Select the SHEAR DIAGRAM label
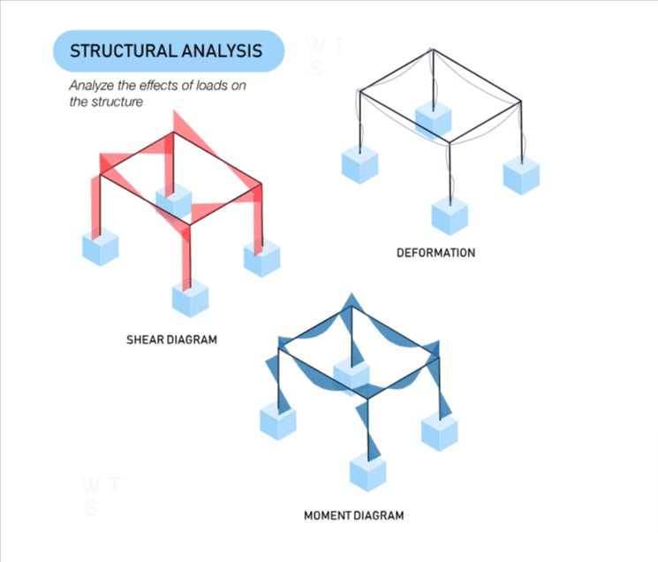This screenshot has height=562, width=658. pos(170,339)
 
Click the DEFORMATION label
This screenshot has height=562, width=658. pos(435,253)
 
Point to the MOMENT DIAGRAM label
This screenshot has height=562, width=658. pos(353,514)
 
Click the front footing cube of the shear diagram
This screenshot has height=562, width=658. pos(190,297)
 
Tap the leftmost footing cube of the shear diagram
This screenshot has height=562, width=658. pos(101,246)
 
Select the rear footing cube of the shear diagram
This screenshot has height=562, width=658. pos(173,201)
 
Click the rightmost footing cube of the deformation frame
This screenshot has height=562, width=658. pos(521,172)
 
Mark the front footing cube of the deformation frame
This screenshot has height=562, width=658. pos(450,215)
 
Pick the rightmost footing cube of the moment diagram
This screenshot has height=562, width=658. pos(439,430)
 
